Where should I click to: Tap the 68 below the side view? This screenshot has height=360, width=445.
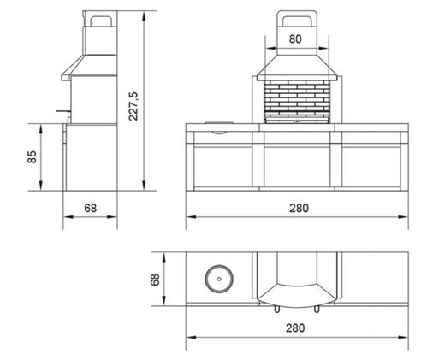pyautogui.click(x=89, y=208)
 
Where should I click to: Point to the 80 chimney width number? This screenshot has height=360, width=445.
pyautogui.click(x=295, y=38)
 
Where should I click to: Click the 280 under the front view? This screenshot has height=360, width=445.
pyautogui.click(x=299, y=208)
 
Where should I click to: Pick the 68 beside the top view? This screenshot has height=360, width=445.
pyautogui.click(x=156, y=279)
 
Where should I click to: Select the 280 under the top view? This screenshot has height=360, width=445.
pyautogui.click(x=299, y=328)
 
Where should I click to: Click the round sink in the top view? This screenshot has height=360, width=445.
pyautogui.click(x=219, y=279)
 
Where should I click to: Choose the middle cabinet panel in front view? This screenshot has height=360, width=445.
pyautogui.click(x=299, y=166)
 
